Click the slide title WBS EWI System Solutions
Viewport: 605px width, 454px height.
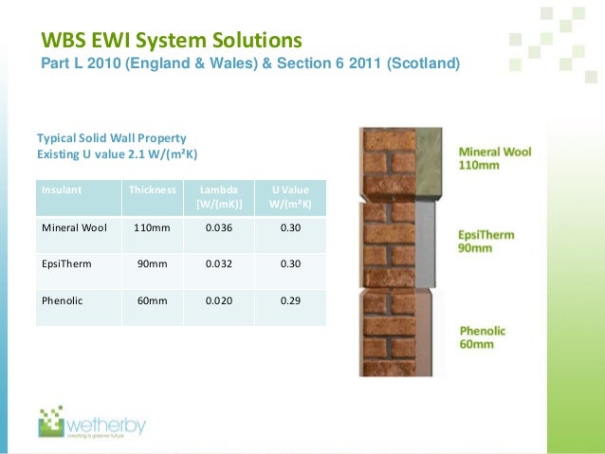coord(171,42)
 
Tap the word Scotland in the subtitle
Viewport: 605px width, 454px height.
coord(420,64)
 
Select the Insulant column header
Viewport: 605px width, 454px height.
coord(62,190)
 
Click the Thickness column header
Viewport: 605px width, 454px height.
coord(152,190)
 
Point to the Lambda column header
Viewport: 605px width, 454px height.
coord(219,196)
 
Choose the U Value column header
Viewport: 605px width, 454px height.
coord(290,196)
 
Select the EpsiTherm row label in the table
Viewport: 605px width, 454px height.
coord(65,264)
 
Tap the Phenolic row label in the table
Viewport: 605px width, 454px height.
coord(63,300)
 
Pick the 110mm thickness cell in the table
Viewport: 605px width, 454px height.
coord(152,228)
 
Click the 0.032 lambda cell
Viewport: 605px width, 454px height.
coord(219,264)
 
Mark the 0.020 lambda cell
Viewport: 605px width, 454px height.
coord(219,300)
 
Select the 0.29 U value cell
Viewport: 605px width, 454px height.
coord(290,300)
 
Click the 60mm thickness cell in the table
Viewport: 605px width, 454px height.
coord(152,300)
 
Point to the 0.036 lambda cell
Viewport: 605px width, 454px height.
coord(219,228)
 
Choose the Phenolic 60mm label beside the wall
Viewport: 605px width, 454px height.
coord(483,338)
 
